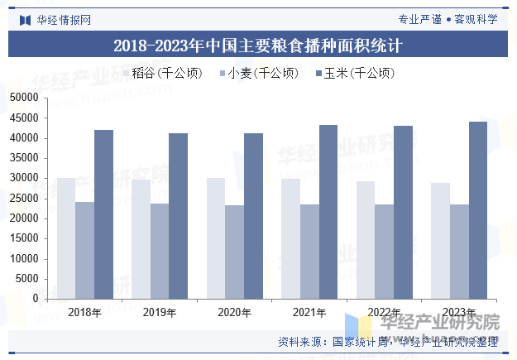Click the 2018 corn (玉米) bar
pos(103,214)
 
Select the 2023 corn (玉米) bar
pos(478,209)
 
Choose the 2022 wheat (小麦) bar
pos(385,251)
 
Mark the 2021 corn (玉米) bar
pos(328,211)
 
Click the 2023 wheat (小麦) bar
pos(459,251)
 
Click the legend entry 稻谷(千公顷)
pos(166,73)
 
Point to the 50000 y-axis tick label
pos(25,98)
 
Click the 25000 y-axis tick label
pos(25,199)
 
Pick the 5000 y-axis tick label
pos(27,279)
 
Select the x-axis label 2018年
pos(84,313)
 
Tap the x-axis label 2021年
pos(309,313)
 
